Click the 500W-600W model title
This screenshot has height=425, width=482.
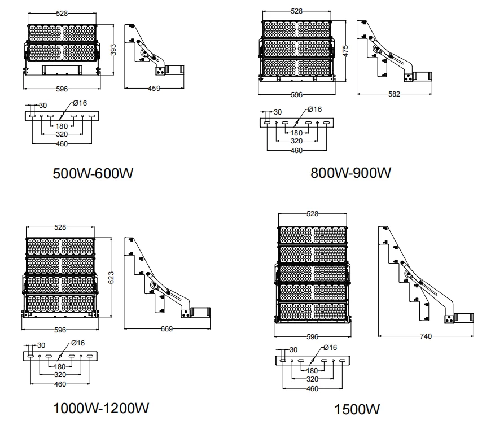coord(93,173)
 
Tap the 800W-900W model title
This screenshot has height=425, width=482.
coord(350,173)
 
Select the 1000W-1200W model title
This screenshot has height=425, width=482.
coord(101,409)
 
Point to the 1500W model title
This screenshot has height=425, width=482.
coord(357,409)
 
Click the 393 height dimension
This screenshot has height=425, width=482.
coord(113,50)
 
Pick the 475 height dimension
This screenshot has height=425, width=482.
coord(345,51)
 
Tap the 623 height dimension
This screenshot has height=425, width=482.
coord(111,278)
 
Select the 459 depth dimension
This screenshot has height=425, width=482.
coord(154,89)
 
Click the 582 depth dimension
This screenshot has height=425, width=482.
coord(394,94)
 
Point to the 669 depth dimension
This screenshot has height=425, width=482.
coord(167,329)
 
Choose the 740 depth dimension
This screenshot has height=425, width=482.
coord(426,336)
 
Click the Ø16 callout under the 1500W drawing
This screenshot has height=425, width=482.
coord(330,348)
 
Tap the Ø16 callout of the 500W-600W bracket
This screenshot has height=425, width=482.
coord(80,103)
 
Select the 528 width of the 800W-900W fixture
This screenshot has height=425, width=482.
coord(297,11)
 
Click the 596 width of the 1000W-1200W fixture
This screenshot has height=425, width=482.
coord(60,330)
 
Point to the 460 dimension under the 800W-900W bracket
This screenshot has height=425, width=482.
coord(297,151)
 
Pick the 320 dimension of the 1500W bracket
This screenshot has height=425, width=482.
coord(312,379)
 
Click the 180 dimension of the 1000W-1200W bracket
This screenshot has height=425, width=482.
coord(60,367)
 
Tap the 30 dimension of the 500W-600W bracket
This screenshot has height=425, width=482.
coord(43,106)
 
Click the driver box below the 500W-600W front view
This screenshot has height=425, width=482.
coord(62,70)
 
